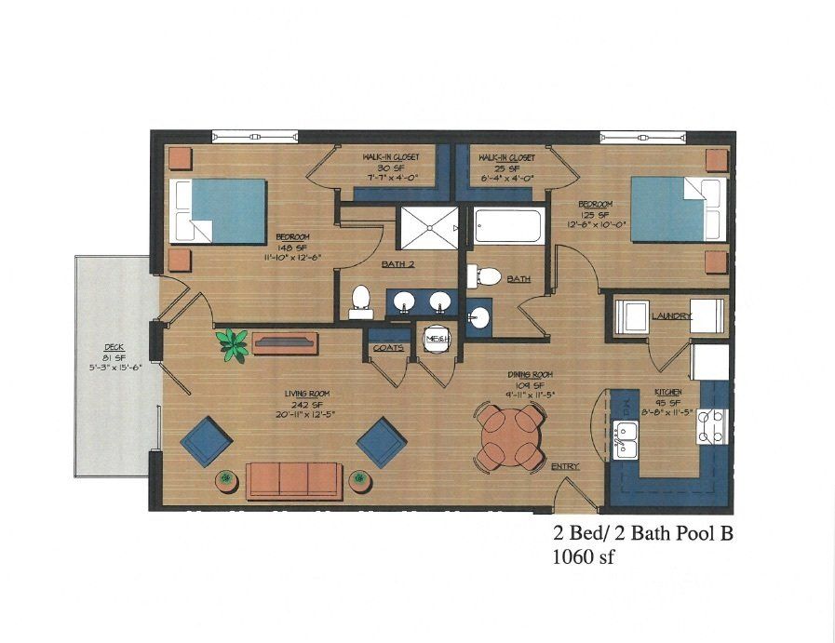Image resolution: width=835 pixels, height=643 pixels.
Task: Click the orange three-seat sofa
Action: pos(291,478)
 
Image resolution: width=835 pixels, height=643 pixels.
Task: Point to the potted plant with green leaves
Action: pos(232,342)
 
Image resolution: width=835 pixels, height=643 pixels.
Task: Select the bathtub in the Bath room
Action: pos(507,226)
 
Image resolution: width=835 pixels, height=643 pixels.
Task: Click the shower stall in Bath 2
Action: pos(429,225)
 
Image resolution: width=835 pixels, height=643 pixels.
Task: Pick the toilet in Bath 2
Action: pos(360,301)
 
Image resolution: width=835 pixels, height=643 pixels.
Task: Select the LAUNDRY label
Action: pos(671,316)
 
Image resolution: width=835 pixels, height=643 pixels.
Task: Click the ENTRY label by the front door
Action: pos(564,466)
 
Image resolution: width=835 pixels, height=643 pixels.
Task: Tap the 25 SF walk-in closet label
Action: pos(503,167)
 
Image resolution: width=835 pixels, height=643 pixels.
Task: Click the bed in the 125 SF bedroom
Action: pos(677,209)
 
